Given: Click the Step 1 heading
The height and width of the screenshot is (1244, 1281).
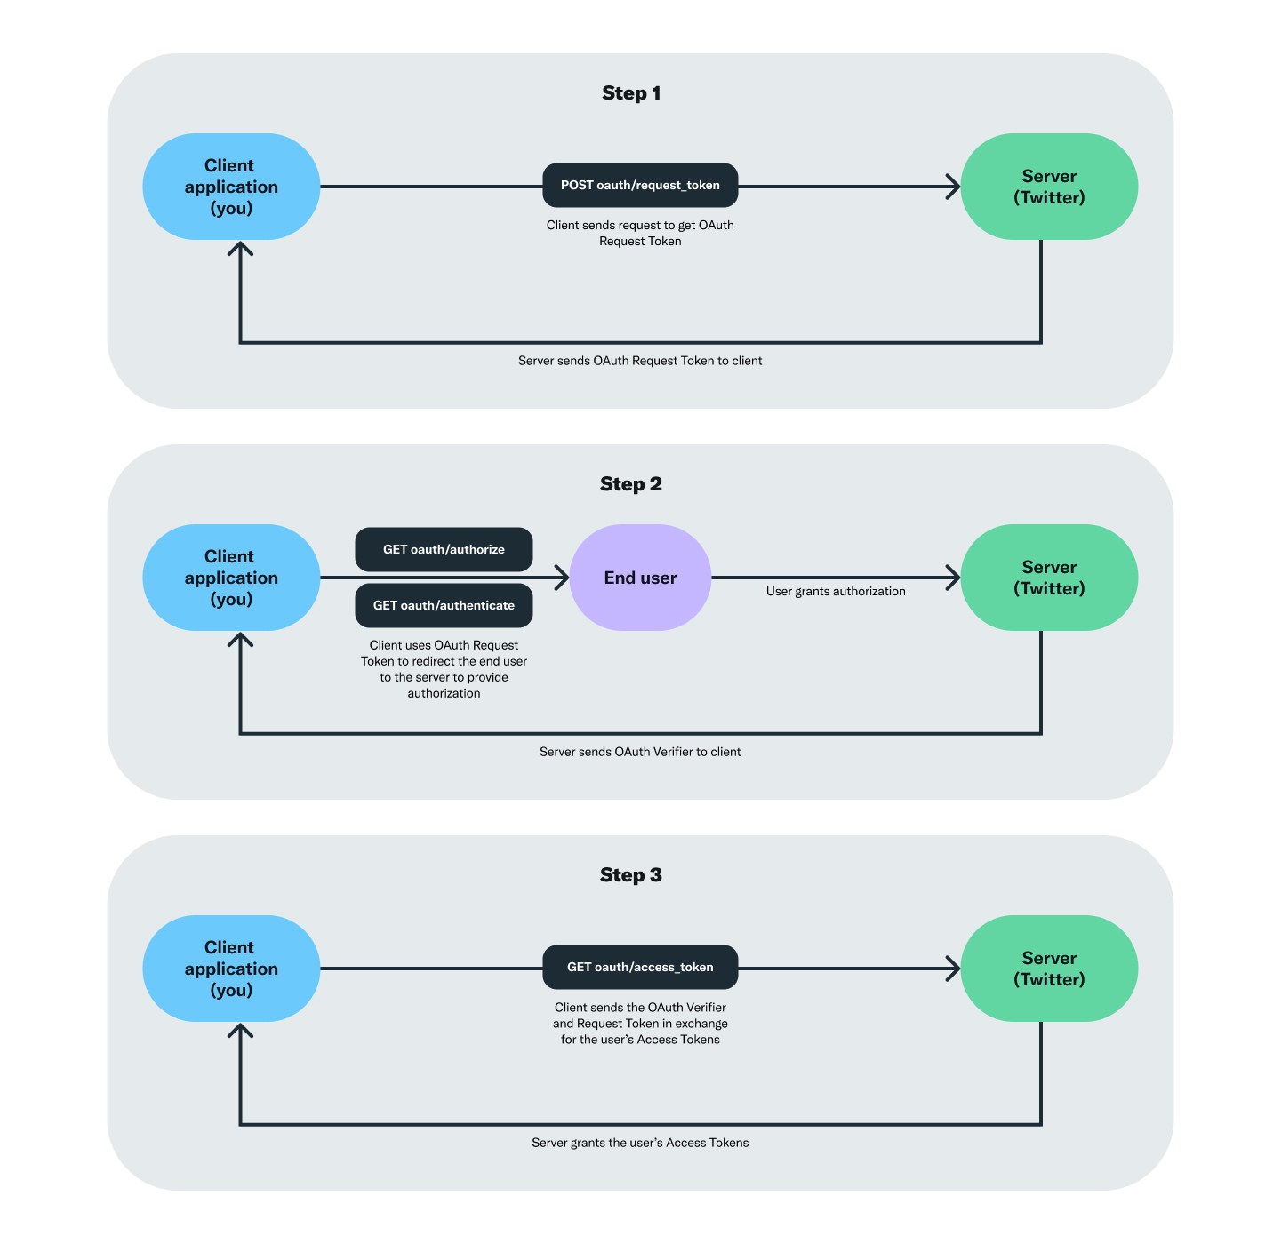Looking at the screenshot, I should pyautogui.click(x=631, y=93).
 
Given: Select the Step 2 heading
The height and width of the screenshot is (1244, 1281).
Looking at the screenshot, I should pyautogui.click(x=631, y=484).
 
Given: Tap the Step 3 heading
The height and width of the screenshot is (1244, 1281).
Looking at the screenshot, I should pyautogui.click(x=631, y=875).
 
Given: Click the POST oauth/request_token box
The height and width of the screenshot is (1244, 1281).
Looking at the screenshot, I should pyautogui.click(x=640, y=185).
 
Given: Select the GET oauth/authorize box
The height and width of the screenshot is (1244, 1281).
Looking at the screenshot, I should pyautogui.click(x=444, y=549).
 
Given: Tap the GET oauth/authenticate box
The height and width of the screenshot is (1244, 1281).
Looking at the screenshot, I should pyautogui.click(x=444, y=605).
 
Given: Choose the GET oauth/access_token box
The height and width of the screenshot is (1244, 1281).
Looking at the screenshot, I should pyautogui.click(x=640, y=967).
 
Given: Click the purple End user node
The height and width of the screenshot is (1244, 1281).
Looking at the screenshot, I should pyautogui.click(x=640, y=578).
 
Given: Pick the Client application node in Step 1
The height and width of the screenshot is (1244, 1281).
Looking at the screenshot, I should pyautogui.click(x=231, y=187).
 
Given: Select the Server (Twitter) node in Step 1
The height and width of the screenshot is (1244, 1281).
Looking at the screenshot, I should pyautogui.click(x=1049, y=187).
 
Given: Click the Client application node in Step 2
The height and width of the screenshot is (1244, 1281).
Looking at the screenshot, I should pyautogui.click(x=231, y=578).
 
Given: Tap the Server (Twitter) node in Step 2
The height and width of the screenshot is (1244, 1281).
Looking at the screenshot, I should pyautogui.click(x=1049, y=578).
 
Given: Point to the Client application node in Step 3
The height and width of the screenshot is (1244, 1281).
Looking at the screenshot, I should pyautogui.click(x=231, y=969).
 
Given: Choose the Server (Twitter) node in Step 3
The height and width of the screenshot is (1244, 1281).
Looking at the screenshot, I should pyautogui.click(x=1049, y=969).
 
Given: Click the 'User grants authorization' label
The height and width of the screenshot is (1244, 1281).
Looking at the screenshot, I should pyautogui.click(x=836, y=592).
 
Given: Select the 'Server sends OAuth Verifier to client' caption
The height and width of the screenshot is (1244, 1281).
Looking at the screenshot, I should pyautogui.click(x=640, y=752).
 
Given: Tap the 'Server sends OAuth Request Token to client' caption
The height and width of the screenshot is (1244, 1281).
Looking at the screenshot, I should pyautogui.click(x=640, y=361).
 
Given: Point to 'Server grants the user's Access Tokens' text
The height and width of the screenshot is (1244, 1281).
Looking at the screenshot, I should pyautogui.click(x=640, y=1143).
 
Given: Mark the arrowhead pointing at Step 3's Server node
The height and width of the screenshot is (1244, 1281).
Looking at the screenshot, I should pyautogui.click(x=954, y=969).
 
